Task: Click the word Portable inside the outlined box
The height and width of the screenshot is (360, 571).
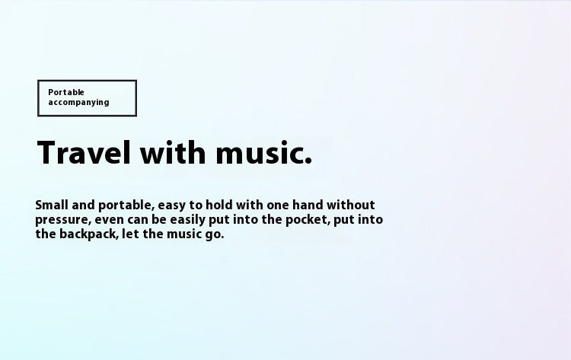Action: coord(66,92)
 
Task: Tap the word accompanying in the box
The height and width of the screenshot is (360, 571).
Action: coord(78,102)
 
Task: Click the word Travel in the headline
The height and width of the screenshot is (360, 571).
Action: coord(84,152)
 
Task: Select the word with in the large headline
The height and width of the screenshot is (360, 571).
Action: coord(173,152)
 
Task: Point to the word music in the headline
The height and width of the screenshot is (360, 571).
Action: coord(258,153)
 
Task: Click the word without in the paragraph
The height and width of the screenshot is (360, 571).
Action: coord(351,205)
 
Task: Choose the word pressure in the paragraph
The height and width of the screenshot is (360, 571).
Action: coord(62,221)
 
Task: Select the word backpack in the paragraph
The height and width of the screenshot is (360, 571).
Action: coord(89,234)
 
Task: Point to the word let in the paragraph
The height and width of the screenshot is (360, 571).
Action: coord(130,234)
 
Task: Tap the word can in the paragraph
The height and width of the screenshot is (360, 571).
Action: coord(138,220)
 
